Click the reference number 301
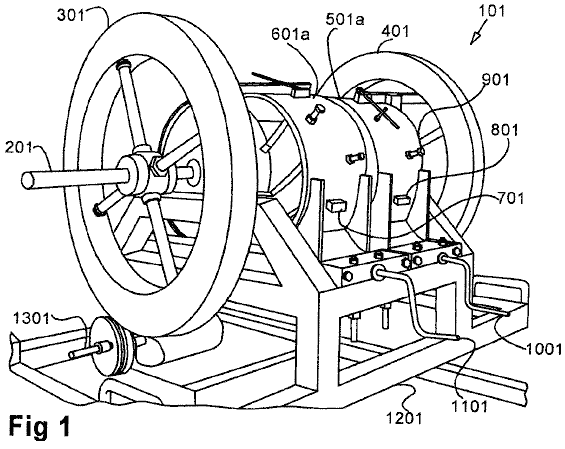click(70, 15)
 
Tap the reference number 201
click(18, 148)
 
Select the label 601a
click(291, 35)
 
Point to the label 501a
click(345, 19)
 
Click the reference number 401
click(395, 31)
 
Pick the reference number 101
click(492, 11)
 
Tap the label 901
click(495, 80)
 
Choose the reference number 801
click(504, 130)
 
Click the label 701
click(510, 198)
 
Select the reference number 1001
click(544, 349)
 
